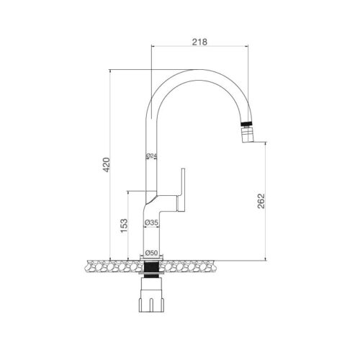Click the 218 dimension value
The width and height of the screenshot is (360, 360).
point(201,42)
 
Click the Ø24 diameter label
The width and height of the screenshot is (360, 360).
point(151,156)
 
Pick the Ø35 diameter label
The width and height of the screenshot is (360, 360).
point(151,223)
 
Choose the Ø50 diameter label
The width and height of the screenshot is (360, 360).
point(151,253)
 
